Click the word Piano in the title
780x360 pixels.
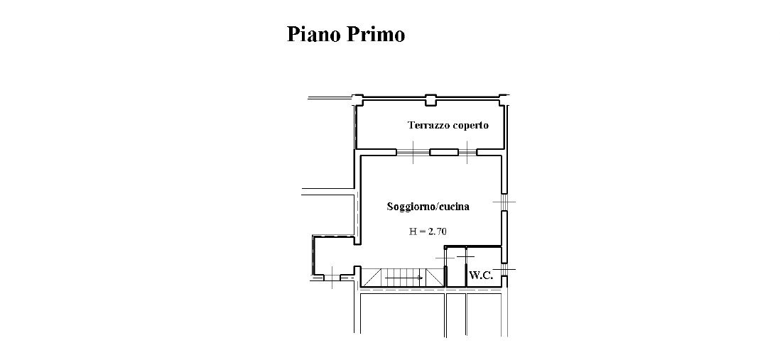[x=313, y=34]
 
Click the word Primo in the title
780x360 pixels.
[x=376, y=34]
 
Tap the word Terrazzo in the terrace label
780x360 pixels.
[x=429, y=125]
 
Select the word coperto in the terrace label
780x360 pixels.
[x=470, y=126]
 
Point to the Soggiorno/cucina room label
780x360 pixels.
[x=428, y=207]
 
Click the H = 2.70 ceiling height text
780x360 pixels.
[x=428, y=231]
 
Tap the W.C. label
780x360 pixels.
[x=481, y=275]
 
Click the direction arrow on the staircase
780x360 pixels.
[x=404, y=278]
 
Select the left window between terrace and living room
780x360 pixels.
[x=413, y=152]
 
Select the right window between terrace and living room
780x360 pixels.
[x=467, y=152]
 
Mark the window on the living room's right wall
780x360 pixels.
[x=504, y=202]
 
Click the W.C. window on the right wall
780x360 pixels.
[x=504, y=270]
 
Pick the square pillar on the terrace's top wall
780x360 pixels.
[x=430, y=100]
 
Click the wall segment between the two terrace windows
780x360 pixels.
[x=444, y=152]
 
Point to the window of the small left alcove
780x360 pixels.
[x=331, y=276]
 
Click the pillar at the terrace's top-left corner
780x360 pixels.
[x=357, y=99]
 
